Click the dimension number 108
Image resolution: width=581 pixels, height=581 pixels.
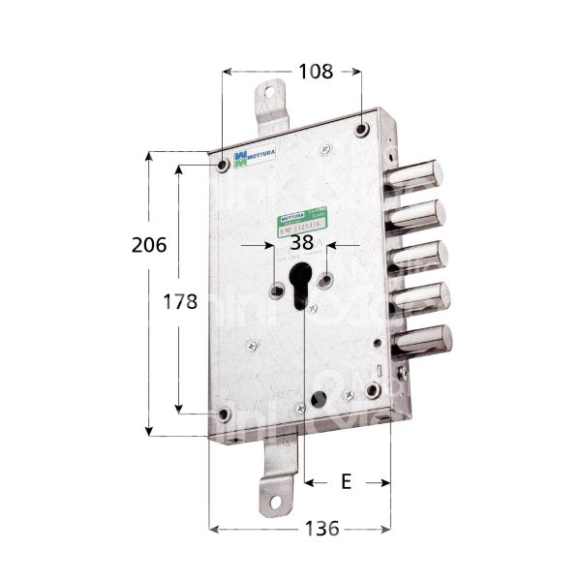click(x=316, y=71)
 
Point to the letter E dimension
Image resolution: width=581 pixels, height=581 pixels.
click(x=346, y=479)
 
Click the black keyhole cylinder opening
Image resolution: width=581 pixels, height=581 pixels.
click(x=300, y=284)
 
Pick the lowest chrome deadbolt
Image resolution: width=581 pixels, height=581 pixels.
click(x=423, y=340)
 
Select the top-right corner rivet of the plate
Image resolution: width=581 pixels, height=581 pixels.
click(x=361, y=130)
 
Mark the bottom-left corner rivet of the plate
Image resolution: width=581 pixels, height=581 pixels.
click(x=225, y=416)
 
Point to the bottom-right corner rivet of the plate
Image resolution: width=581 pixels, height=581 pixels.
click(x=374, y=391)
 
